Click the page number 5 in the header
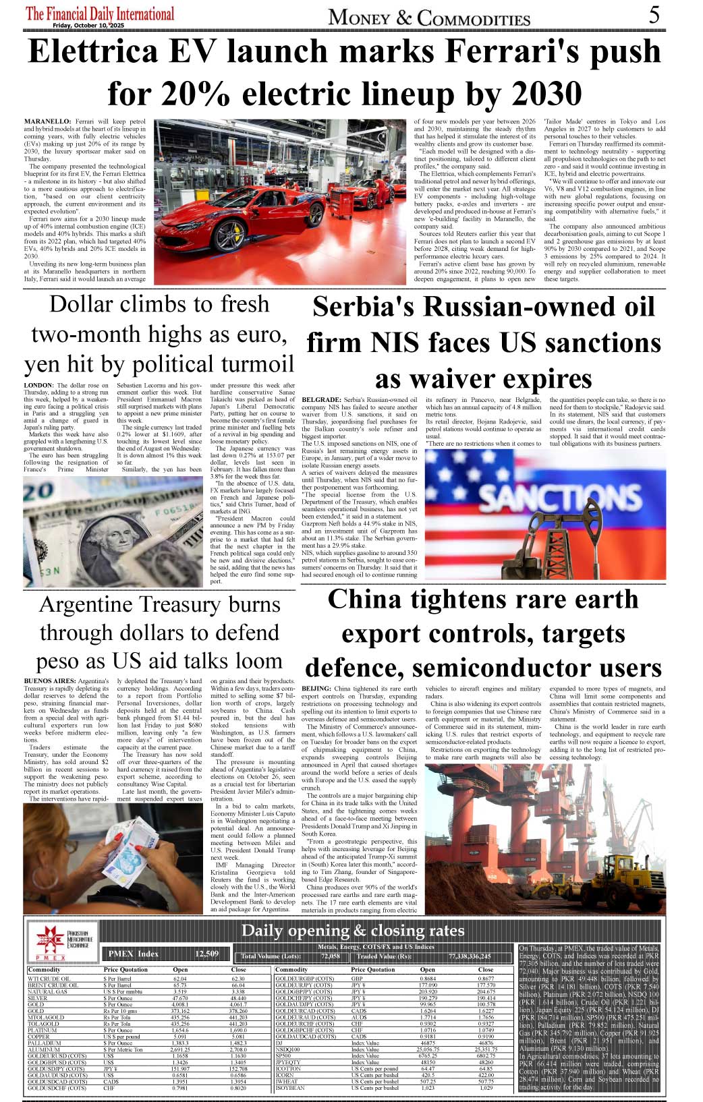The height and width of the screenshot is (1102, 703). (x=654, y=14)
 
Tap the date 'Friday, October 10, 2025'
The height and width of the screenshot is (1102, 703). (x=88, y=26)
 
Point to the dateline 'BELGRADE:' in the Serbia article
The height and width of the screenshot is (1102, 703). (x=321, y=400)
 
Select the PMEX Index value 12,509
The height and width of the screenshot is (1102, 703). (x=207, y=954)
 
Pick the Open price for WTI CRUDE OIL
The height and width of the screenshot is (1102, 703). (x=180, y=979)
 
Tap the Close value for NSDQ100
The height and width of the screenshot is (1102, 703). (x=486, y=1049)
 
